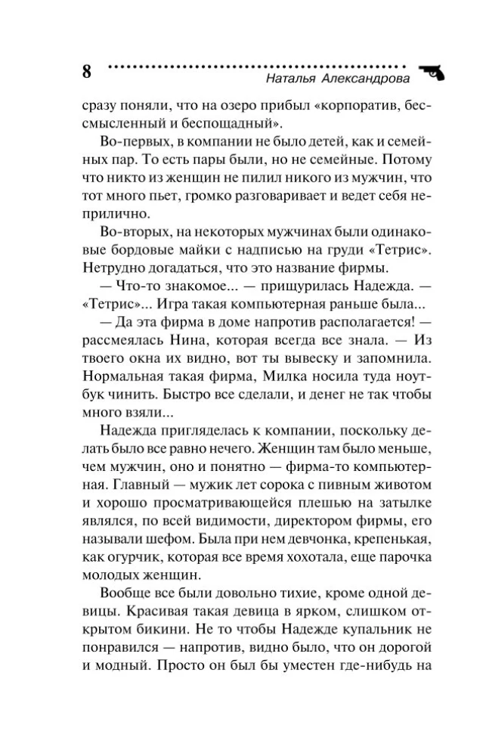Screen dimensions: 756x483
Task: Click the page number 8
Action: click(x=85, y=73)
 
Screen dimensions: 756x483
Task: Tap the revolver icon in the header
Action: click(x=431, y=72)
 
